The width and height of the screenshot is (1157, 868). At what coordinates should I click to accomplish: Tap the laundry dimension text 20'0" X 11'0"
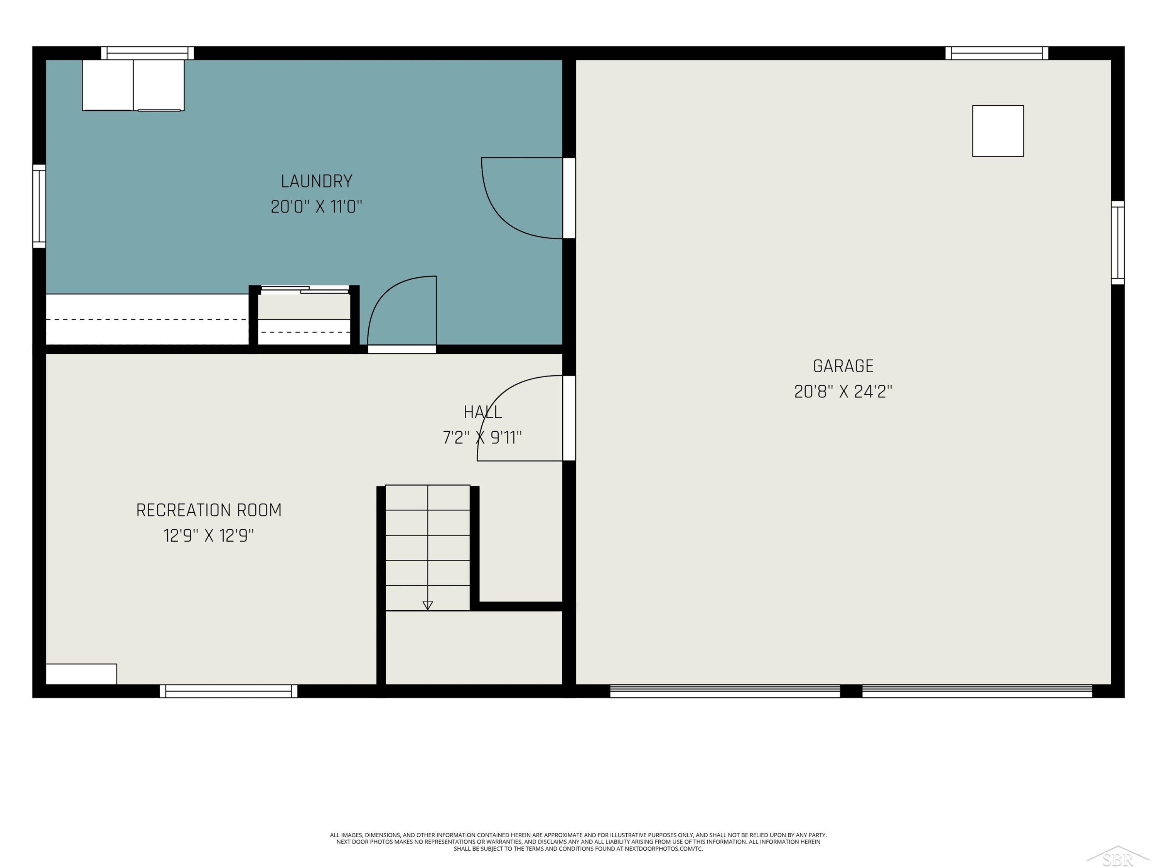coord(317,207)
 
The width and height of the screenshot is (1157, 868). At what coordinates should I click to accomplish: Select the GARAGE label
coord(843,366)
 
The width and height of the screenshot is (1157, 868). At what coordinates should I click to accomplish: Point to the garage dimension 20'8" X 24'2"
coord(843,391)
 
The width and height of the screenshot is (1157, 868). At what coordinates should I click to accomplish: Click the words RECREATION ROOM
coord(209,510)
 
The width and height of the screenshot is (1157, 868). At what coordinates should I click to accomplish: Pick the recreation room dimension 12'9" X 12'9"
coord(209,536)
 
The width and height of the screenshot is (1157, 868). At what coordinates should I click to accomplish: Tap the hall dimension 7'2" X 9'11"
coord(482,437)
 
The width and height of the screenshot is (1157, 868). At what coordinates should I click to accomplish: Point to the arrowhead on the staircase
coord(427,605)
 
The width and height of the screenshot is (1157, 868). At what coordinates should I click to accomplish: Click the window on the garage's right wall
coord(1118,243)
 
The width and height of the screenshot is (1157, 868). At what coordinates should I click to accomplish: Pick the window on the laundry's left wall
coord(39,206)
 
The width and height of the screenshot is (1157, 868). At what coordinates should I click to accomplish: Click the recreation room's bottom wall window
coord(229,691)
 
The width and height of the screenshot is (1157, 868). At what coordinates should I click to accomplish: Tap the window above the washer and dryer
coord(147,53)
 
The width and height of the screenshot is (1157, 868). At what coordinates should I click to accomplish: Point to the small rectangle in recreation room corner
coord(82,674)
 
